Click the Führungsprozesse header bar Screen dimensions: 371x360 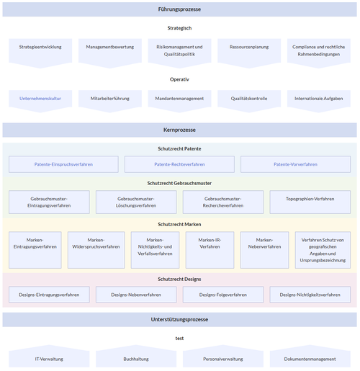[x=179, y=9]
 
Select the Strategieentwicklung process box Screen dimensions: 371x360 [x=40, y=48]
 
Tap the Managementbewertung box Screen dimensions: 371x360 [x=109, y=48]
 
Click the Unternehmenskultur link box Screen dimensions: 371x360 [x=40, y=98]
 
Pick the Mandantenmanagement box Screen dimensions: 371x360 [x=179, y=98]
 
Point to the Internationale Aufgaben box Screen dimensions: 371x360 [x=318, y=98]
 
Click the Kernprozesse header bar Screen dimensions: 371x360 [x=179, y=130]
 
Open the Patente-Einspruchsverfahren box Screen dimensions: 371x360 [x=63, y=164]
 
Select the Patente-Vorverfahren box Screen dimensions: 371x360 [x=295, y=164]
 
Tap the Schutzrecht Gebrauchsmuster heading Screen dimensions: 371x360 [x=179, y=183]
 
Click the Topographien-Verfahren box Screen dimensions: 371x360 [x=310, y=202]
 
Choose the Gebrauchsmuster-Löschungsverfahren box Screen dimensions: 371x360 [x=135, y=202]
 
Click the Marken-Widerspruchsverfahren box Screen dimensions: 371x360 [x=96, y=249]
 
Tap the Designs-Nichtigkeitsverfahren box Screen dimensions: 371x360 [x=310, y=294]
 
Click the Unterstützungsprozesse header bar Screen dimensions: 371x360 [x=179, y=319]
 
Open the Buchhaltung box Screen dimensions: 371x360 [x=135, y=358]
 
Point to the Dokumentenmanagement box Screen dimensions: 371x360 [x=310, y=358]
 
